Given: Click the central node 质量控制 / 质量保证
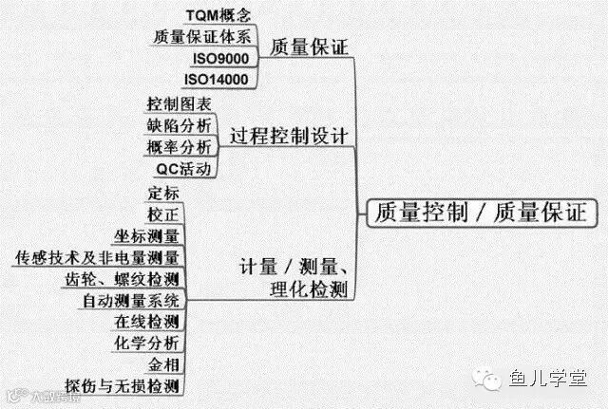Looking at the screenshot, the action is pyautogui.click(x=482, y=212).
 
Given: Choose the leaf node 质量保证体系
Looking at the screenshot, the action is pyautogui.click(x=203, y=37).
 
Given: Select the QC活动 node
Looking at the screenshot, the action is pyautogui.click(x=184, y=169).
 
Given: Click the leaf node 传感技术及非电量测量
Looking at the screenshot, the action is pyautogui.click(x=97, y=257).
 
